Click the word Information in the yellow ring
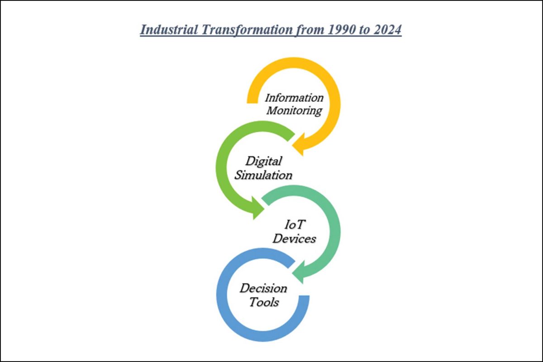[294, 98]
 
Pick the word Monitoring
[294, 111]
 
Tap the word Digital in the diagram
[263, 161]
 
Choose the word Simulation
[263, 175]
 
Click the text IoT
[294, 224]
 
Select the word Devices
[294, 238]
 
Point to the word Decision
[263, 288]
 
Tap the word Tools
[264, 302]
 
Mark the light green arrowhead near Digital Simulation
[257, 208]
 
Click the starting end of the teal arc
[266, 200]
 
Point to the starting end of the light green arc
[291, 137]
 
